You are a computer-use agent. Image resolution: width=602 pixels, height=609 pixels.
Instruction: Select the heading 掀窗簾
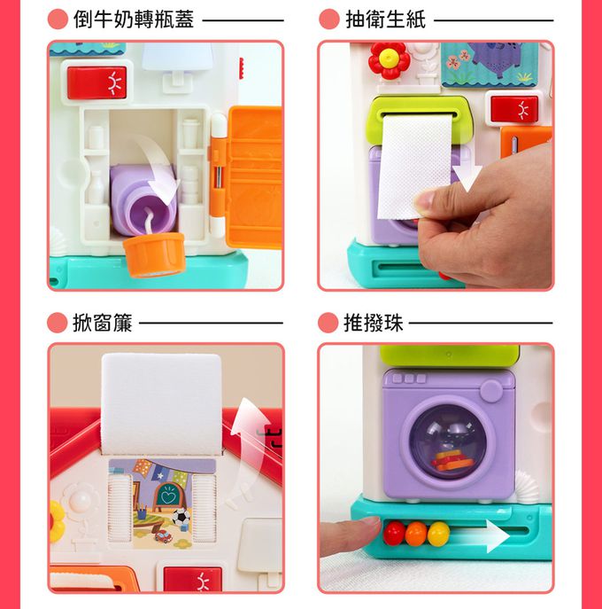click(102, 323)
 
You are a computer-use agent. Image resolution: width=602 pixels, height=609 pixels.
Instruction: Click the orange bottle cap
click(154, 253)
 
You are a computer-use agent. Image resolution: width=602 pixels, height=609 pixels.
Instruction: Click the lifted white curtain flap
click(161, 399)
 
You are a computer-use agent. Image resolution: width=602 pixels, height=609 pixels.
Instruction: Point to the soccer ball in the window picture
click(180, 516)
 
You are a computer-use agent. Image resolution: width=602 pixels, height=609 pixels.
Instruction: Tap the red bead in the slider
click(394, 533)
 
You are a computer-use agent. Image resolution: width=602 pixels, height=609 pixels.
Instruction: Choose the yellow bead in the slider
click(438, 533)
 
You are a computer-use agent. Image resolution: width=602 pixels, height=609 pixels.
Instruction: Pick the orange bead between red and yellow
click(416, 533)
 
